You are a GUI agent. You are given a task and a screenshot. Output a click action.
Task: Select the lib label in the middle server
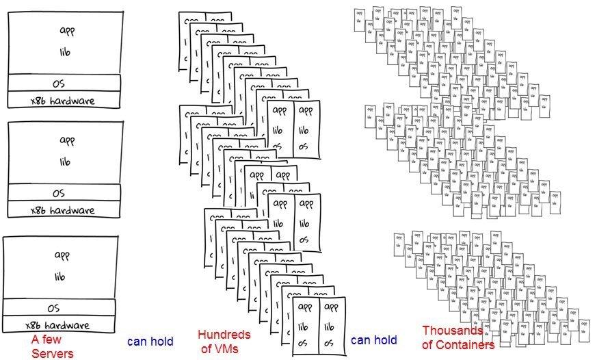point(65,162)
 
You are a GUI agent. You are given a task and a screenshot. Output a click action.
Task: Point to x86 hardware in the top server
point(63,101)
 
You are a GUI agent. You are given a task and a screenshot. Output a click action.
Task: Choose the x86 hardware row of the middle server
point(63,210)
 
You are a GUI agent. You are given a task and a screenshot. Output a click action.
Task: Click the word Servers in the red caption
point(52,353)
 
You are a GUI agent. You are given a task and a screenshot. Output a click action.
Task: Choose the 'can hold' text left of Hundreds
point(150,341)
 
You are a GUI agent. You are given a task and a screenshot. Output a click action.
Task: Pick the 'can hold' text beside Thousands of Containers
point(373,340)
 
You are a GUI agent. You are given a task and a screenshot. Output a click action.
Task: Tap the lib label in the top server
point(66,53)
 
